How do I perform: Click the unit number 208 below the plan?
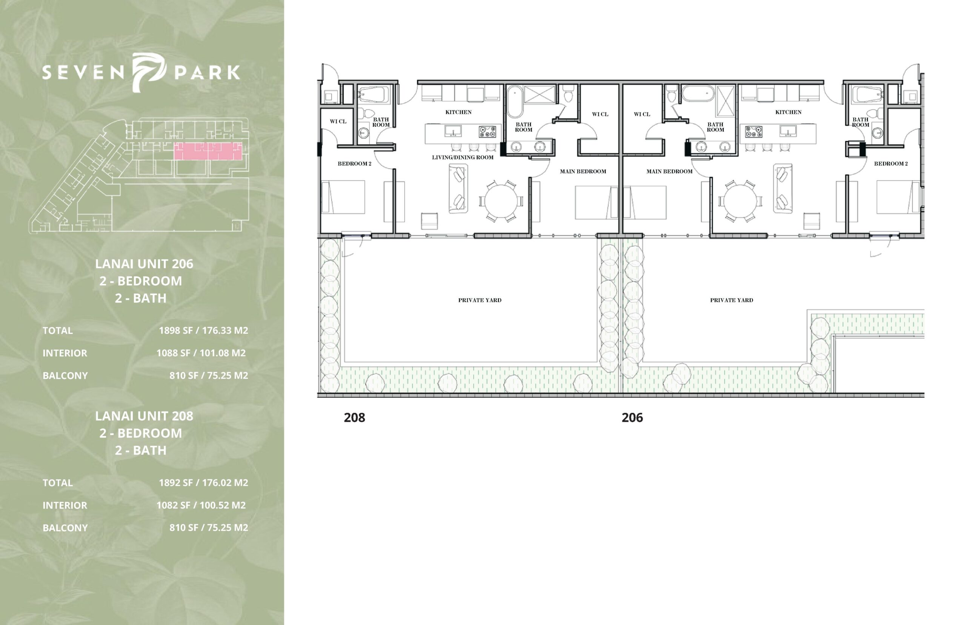(354, 418)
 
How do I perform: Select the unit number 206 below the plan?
(632, 418)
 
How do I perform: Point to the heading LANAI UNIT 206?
(144, 264)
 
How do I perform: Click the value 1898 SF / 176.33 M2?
(203, 330)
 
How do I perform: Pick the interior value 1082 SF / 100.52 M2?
(201, 505)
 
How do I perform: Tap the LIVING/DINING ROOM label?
(463, 157)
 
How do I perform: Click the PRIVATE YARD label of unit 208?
(480, 300)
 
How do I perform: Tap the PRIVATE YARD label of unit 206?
(732, 300)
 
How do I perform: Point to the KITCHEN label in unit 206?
(788, 112)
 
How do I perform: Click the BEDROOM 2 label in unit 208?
(355, 163)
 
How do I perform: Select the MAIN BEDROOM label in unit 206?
(669, 171)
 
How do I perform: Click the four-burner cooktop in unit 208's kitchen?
(487, 131)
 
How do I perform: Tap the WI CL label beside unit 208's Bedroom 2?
(338, 122)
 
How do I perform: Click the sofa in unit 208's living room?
(458, 188)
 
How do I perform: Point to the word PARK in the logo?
(207, 72)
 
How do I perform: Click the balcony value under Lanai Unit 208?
(209, 528)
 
